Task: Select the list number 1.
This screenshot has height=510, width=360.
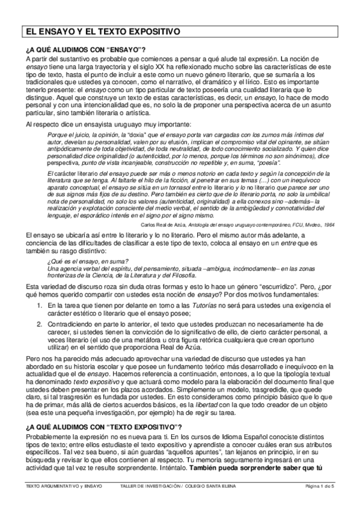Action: click(x=40, y=307)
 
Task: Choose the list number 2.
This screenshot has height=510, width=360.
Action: click(x=40, y=323)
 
